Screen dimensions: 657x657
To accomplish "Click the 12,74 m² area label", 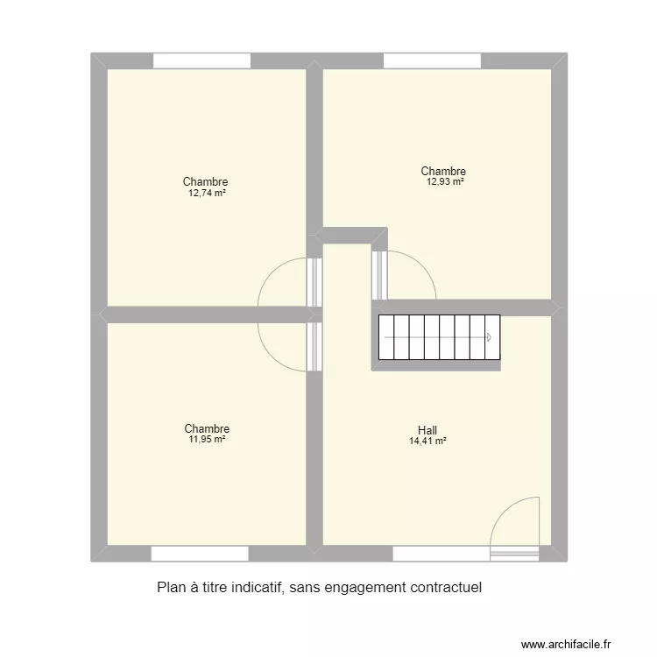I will point(206,193).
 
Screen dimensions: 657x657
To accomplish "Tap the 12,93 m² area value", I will point(444,182).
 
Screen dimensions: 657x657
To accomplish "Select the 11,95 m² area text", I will point(207,439).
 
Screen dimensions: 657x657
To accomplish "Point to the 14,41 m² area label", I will point(427,442).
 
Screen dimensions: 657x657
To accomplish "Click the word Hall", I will point(427,430).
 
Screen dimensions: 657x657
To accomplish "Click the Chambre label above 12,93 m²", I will point(443,172).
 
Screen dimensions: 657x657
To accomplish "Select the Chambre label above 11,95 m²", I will point(207,428).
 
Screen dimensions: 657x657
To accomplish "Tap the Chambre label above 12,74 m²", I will point(206,182).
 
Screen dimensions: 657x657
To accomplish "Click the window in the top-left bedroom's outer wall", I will point(202,61).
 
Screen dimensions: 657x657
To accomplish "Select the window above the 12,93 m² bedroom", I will point(432,61).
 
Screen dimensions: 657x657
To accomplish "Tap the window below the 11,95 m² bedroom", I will point(200,554).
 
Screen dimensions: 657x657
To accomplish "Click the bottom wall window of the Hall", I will point(441,554).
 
